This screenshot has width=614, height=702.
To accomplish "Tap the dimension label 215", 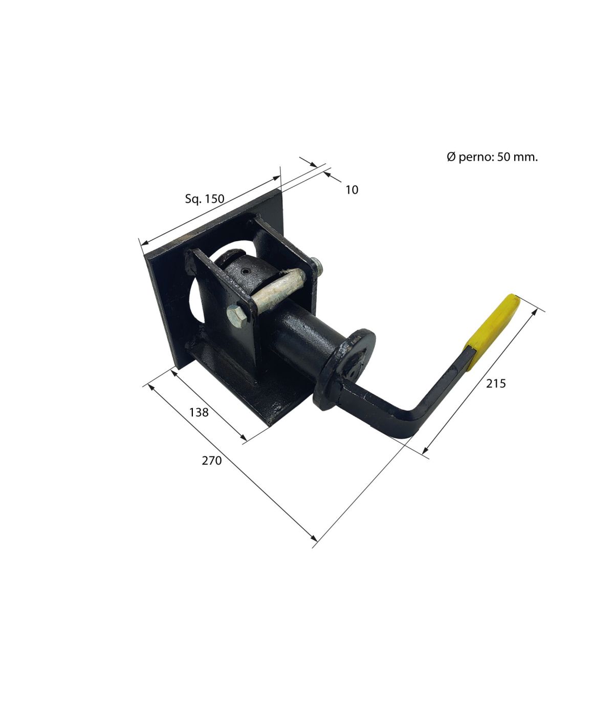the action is tap(496, 384).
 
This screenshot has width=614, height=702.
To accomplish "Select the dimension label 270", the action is tap(212, 461).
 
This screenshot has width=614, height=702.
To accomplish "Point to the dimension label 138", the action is tap(199, 412).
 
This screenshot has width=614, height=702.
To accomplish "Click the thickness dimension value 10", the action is tap(352, 190).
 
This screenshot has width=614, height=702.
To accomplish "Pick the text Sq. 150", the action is tap(205, 199).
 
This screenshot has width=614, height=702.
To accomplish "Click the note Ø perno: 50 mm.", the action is tap(492, 157).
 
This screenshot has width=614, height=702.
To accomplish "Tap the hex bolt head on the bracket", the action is tap(237, 314).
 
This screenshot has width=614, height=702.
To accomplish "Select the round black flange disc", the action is tap(344, 368).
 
